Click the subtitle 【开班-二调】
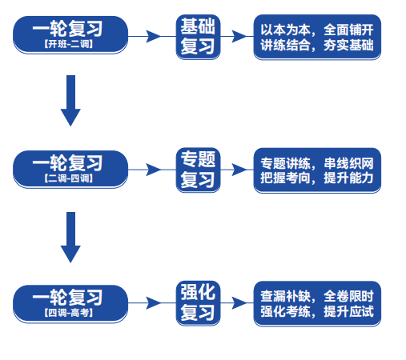tap(69, 44)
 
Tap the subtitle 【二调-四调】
tap(69, 178)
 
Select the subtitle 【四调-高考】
tap(69, 313)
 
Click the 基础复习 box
tap(198, 37)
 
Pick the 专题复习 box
tap(198, 170)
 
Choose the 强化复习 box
tap(198, 303)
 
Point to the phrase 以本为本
tap(285, 30)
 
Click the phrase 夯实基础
tap(348, 45)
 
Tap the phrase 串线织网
tap(348, 163)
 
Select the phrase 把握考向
tap(285, 178)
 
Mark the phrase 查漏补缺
tap(285, 296)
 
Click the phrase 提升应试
tap(348, 311)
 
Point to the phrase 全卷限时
tap(348, 296)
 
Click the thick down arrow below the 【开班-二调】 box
tap(70, 101)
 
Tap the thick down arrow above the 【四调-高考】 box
tap(70, 238)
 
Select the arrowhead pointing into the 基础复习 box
tap(154, 37)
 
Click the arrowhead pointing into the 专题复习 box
tap(154, 170)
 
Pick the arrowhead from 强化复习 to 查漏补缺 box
tap(239, 303)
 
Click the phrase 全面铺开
tap(348, 30)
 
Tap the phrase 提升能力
tap(348, 178)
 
